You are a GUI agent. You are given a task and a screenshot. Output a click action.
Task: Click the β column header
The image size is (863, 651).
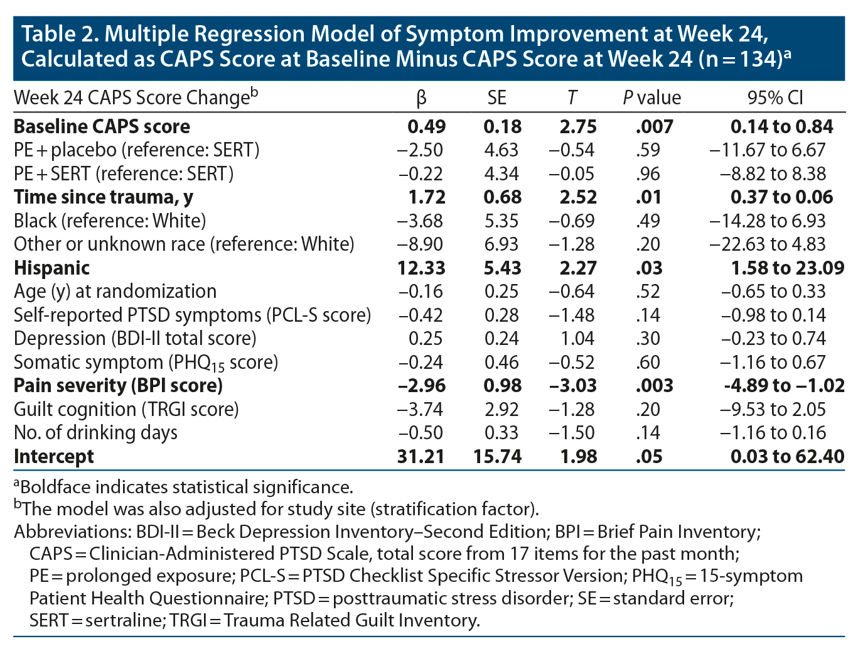pyautogui.click(x=421, y=97)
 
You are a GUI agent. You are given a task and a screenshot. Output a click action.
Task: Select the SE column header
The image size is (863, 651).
pyautogui.click(x=496, y=97)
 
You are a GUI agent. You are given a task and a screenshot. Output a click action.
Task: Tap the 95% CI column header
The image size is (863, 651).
pyautogui.click(x=775, y=97)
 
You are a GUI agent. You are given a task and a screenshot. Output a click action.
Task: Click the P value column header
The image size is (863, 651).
pyautogui.click(x=651, y=97)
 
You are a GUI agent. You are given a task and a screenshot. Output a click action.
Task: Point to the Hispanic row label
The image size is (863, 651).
pyautogui.click(x=52, y=268)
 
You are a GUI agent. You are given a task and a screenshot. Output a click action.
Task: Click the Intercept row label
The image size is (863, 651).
pyautogui.click(x=54, y=456)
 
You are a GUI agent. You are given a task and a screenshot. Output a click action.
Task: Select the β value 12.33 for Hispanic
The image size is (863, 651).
pyautogui.click(x=421, y=268)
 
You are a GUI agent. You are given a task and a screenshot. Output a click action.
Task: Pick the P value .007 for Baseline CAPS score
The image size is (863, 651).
pyautogui.click(x=654, y=126)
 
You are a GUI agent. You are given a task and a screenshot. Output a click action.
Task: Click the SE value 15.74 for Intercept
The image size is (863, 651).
pyautogui.click(x=497, y=456)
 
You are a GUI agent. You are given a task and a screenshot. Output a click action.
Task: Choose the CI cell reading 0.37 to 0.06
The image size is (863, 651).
pyautogui.click(x=781, y=197)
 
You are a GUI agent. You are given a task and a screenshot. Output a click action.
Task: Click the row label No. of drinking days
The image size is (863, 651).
pyautogui.click(x=95, y=432)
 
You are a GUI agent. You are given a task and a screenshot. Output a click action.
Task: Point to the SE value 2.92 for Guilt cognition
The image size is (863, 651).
pyautogui.click(x=501, y=409)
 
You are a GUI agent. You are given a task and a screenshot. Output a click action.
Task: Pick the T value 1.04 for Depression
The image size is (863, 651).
pyautogui.click(x=578, y=338)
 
